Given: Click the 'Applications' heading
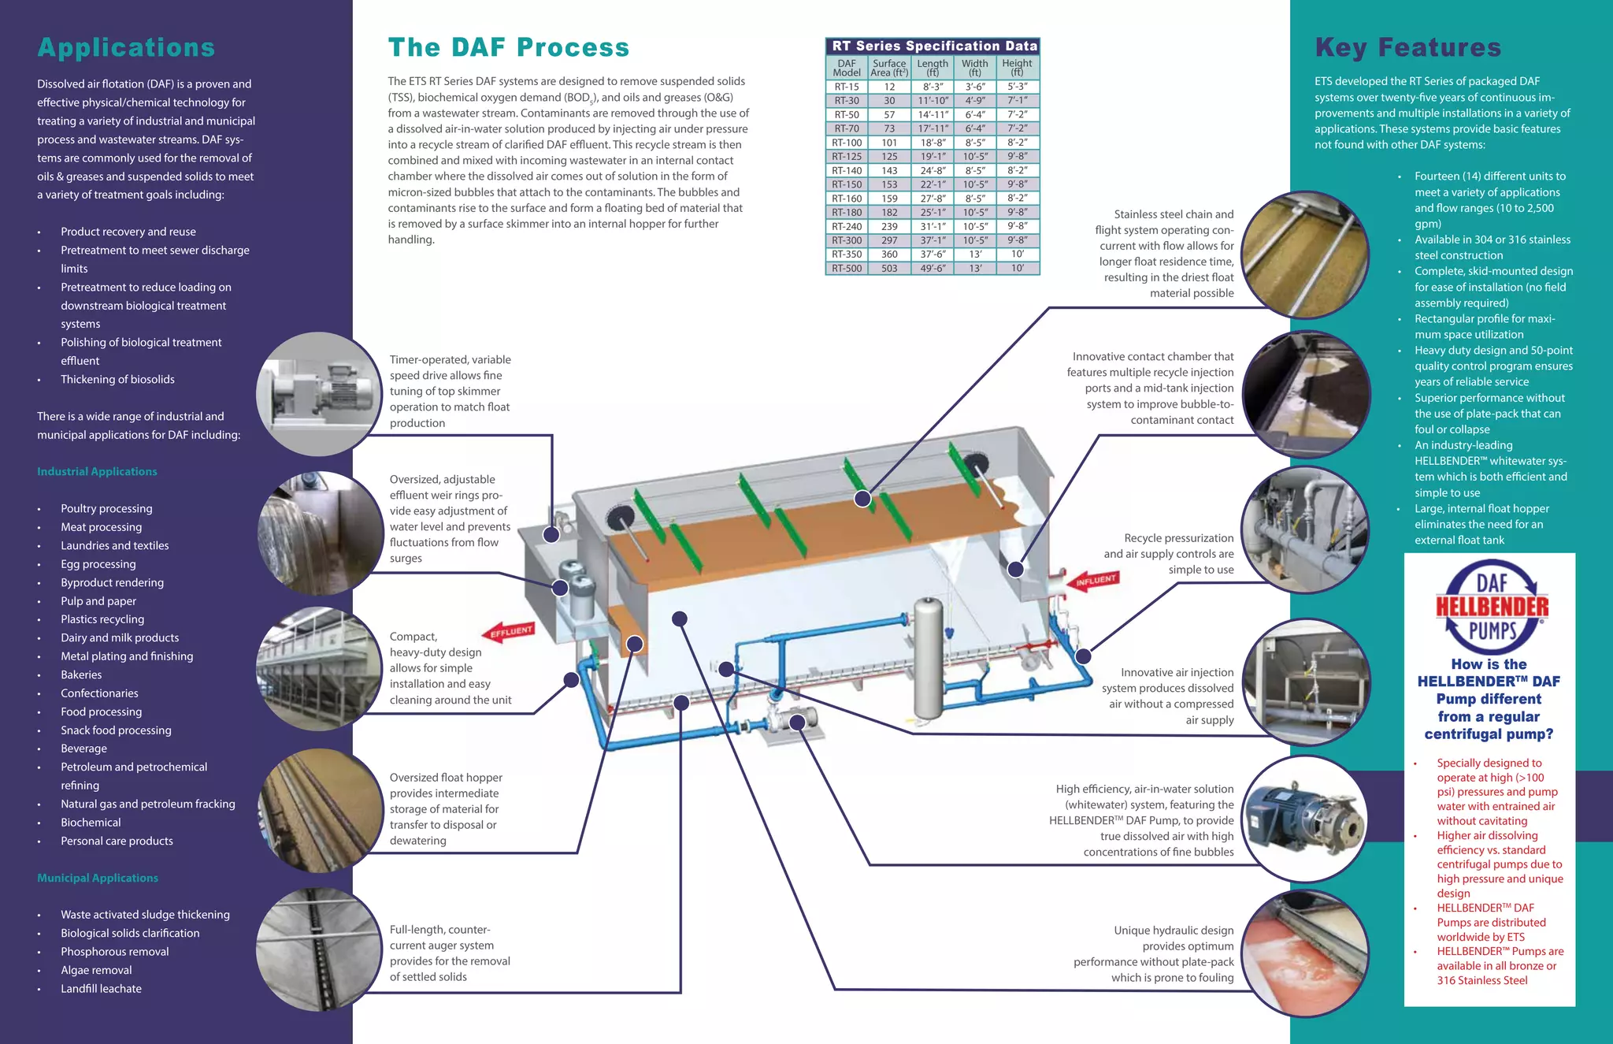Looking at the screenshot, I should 126,48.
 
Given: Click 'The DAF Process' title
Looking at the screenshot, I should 508,48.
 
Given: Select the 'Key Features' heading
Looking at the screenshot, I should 1407,48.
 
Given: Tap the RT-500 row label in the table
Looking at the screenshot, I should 847,269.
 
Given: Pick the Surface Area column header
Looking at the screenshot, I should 889,68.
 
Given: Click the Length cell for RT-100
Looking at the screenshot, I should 933,143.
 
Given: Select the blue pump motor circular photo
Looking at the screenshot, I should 1306,819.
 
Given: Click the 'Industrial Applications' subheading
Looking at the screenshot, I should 97,472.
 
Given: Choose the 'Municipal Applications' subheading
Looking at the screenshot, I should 98,878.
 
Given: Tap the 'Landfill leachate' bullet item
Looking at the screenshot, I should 101,989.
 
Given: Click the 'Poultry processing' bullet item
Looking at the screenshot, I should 106,509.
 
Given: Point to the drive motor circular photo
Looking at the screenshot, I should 320,394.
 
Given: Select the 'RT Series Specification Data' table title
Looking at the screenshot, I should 934,46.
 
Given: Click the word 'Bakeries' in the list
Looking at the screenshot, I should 81,675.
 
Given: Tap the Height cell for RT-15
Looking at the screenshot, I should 1017,87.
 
